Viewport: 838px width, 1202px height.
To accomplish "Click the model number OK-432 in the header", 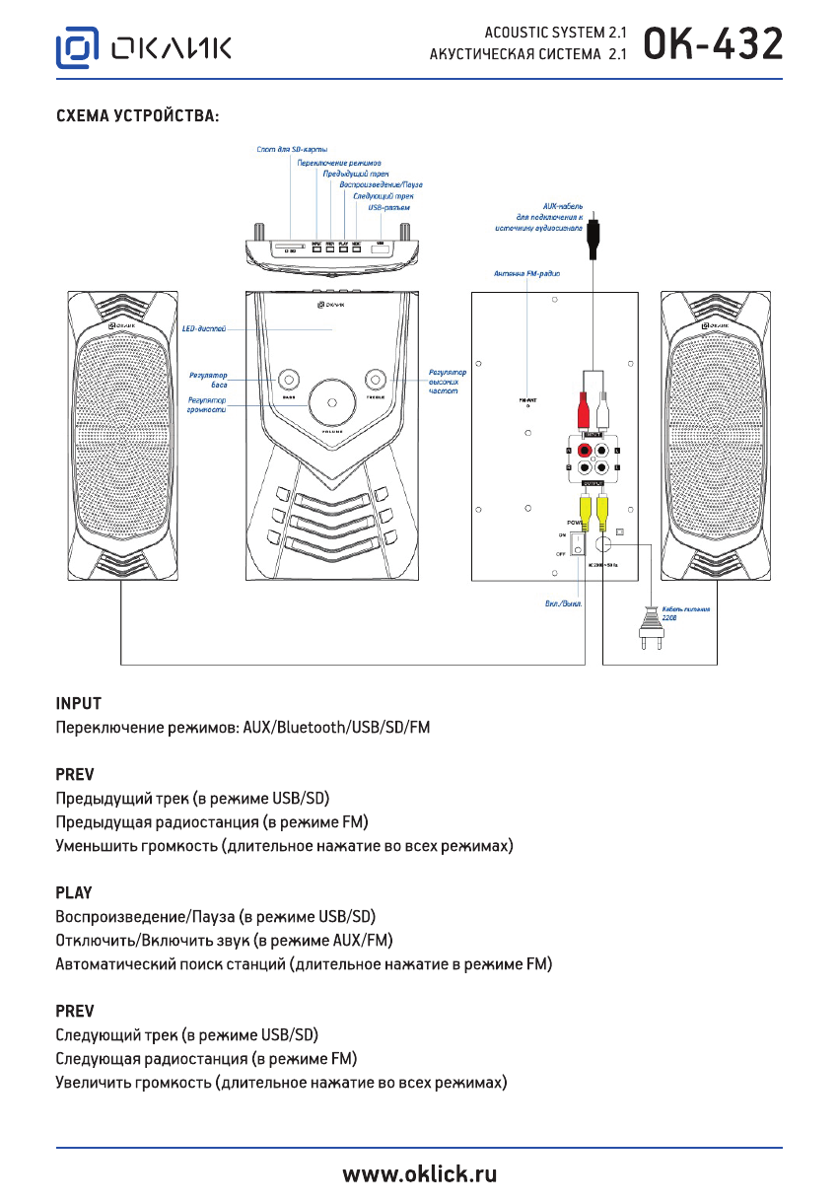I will tap(714, 45).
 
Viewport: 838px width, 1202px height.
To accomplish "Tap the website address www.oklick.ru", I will tap(419, 1173).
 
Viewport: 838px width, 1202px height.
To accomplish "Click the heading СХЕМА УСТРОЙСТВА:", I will tap(137, 116).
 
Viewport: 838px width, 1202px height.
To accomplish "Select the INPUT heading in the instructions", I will tap(79, 704).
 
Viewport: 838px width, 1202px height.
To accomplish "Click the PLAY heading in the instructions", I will tap(74, 893).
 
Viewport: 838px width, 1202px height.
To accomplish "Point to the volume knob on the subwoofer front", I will tap(330, 403).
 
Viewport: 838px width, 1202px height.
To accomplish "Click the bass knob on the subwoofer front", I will tap(289, 380).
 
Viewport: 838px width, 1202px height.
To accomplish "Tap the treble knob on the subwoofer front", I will tap(375, 380).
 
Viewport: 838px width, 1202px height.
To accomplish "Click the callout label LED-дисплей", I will tap(205, 326).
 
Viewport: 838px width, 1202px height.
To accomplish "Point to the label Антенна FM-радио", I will tap(526, 272).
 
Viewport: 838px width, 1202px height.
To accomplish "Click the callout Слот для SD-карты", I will tap(285, 148).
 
